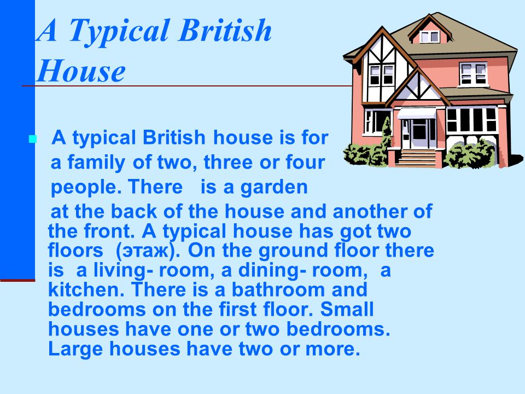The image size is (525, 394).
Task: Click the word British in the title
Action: pyautogui.click(x=225, y=30)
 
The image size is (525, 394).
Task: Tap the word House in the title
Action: pyautogui.click(x=81, y=71)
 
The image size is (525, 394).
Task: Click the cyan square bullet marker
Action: pyautogui.click(x=32, y=139)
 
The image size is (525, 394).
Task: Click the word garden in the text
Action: pyautogui.click(x=274, y=187)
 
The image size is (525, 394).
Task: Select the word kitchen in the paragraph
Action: pyautogui.click(x=84, y=289)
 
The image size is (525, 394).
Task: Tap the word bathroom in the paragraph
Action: pyautogui.click(x=278, y=289)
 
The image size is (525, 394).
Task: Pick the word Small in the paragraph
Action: pyautogui.click(x=347, y=309)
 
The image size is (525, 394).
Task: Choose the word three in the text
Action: pyautogui.click(x=228, y=162)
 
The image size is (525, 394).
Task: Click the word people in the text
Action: pyautogui.click(x=86, y=188)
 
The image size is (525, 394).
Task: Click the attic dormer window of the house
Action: pyautogui.click(x=430, y=36)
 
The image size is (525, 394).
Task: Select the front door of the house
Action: pyautogui.click(x=418, y=133)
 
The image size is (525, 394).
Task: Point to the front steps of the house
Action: pyautogui.click(x=416, y=158)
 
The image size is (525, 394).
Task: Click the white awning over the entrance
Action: pyautogui.click(x=417, y=113)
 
